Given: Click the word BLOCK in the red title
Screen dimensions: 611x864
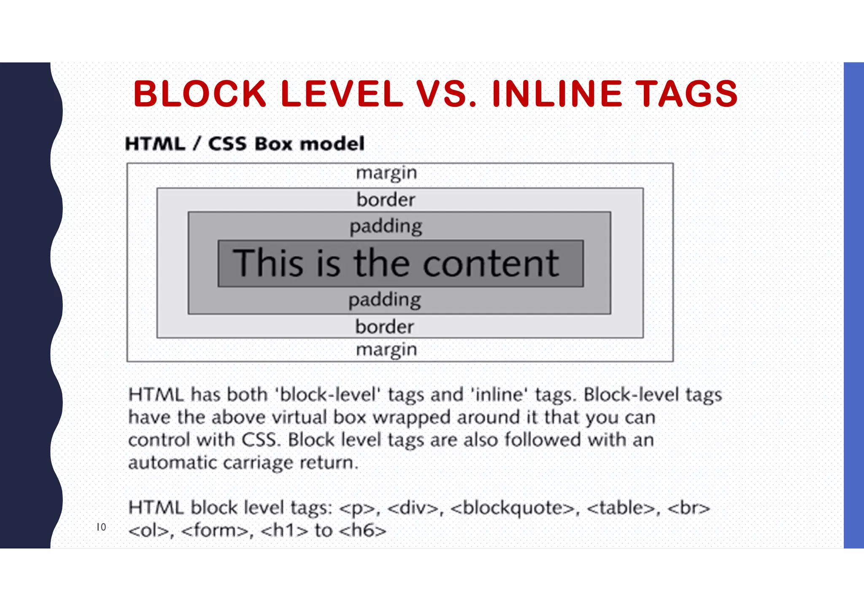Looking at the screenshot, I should point(200,94).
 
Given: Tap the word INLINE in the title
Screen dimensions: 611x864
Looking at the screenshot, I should point(557,94).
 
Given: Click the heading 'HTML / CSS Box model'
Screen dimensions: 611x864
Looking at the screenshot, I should point(245,144).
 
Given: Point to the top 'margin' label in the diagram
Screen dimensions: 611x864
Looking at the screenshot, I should point(386,173).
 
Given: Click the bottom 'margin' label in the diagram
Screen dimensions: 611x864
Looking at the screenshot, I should point(386,350).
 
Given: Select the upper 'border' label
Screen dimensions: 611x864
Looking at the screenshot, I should point(386,200).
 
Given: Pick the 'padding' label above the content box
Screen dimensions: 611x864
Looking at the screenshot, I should point(386,227).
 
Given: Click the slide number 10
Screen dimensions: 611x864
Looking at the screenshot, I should point(101,527).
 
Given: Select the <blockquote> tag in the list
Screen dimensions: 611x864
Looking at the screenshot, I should point(513,508).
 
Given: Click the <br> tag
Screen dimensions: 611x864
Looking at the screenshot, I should point(688,508).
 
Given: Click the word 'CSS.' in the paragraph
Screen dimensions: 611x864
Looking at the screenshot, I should point(261,440).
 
